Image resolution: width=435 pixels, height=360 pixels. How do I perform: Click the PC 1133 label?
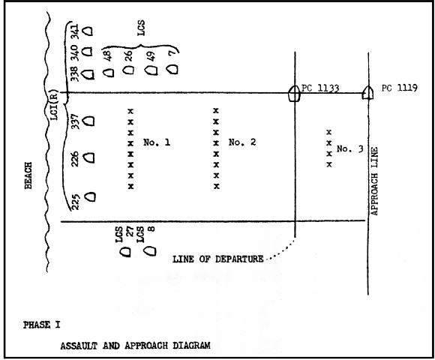click(x=320, y=88)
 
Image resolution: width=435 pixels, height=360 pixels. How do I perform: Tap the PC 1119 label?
click(x=399, y=88)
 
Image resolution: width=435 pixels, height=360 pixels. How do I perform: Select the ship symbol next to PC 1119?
click(x=367, y=93)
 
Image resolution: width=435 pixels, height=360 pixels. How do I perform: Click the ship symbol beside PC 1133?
click(x=294, y=93)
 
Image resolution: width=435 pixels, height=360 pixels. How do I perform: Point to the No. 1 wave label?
click(x=157, y=142)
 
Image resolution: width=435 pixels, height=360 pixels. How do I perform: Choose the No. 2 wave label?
click(x=242, y=142)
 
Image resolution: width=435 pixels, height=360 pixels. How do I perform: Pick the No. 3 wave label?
click(x=349, y=149)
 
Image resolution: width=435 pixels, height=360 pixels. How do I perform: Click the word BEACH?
click(x=28, y=175)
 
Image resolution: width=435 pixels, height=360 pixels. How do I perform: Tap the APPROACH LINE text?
click(x=374, y=181)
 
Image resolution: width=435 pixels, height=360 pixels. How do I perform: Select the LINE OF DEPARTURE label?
click(x=218, y=259)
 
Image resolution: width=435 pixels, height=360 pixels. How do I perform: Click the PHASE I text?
click(x=41, y=325)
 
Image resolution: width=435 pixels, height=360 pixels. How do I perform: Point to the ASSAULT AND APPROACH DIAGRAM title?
click(x=136, y=346)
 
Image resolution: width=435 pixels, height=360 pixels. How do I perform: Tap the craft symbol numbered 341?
click(x=88, y=31)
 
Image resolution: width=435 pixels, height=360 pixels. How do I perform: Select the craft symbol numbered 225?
click(x=90, y=196)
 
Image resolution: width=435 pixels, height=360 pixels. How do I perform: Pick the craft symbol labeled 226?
click(x=89, y=157)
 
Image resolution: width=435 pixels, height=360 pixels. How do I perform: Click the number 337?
click(x=75, y=121)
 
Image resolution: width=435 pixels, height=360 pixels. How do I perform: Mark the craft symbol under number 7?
click(x=172, y=69)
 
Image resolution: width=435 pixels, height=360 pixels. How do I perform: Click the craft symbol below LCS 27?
click(x=125, y=252)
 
